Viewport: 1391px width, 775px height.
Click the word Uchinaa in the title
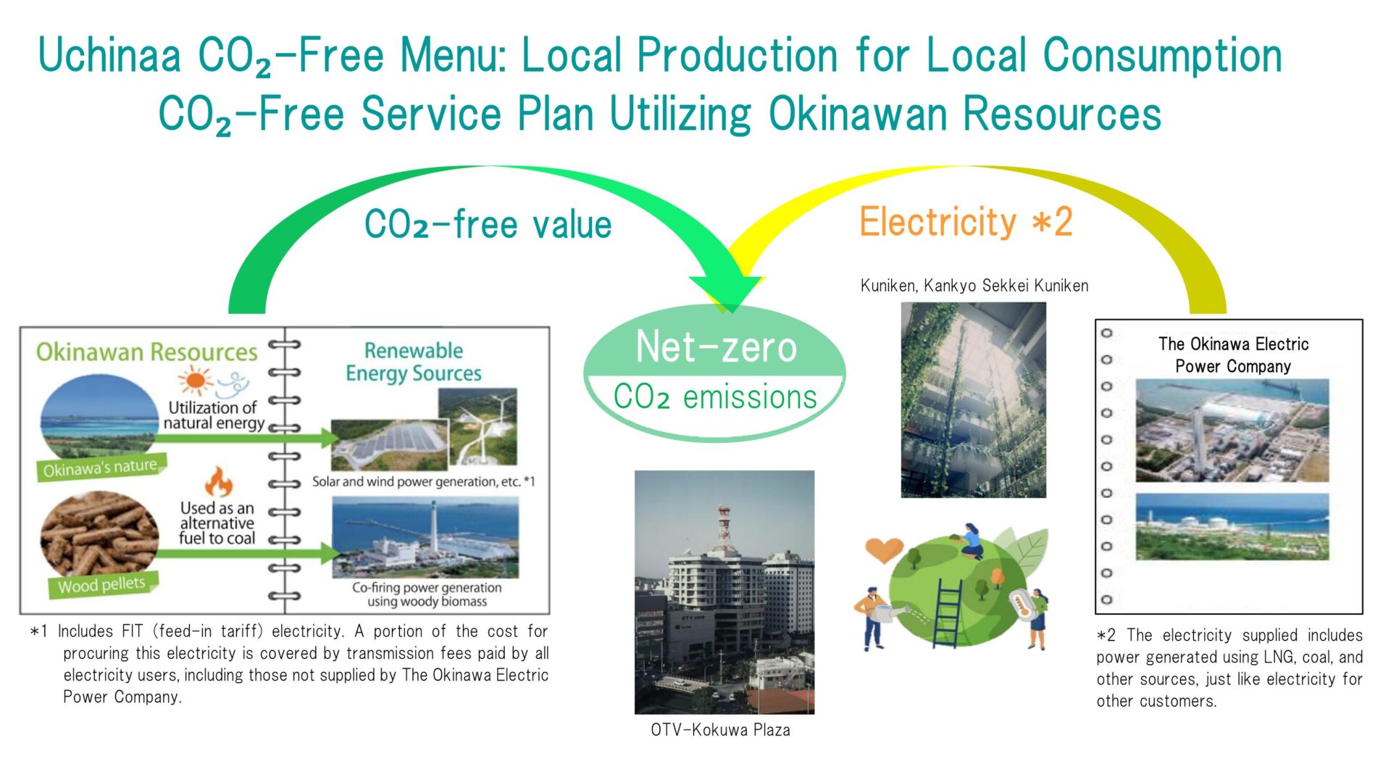pyautogui.click(x=109, y=57)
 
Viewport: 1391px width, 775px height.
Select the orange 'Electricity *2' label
pyautogui.click(x=966, y=221)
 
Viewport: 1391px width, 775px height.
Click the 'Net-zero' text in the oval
pyautogui.click(x=716, y=347)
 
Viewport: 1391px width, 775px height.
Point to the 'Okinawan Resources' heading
pyautogui.click(x=147, y=352)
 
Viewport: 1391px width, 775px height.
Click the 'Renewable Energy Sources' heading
pyautogui.click(x=414, y=362)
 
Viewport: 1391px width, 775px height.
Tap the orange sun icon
pyautogui.click(x=196, y=381)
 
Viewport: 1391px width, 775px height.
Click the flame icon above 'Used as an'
pyautogui.click(x=218, y=481)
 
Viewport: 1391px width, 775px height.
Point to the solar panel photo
pyautogui.click(x=390, y=444)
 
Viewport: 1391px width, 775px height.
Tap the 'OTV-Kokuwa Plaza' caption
pyautogui.click(x=720, y=730)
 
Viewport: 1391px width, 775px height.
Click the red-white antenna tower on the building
pyautogui.click(x=724, y=527)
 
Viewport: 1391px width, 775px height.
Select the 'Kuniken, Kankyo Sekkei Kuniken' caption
pyautogui.click(x=974, y=286)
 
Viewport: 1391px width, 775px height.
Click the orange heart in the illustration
pyautogui.click(x=884, y=550)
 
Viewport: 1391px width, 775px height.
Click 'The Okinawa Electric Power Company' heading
pyautogui.click(x=1233, y=355)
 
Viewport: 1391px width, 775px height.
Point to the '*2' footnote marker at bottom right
pyautogui.click(x=1106, y=636)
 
